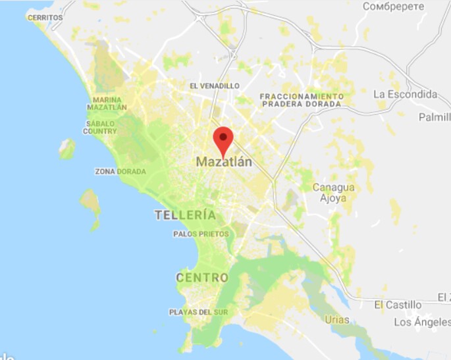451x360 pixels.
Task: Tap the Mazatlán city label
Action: (x=224, y=161)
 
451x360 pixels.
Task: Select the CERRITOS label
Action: (x=45, y=17)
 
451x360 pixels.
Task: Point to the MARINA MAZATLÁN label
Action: (x=107, y=103)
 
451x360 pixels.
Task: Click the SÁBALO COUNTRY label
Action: (x=100, y=127)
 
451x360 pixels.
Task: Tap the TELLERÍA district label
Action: (x=185, y=215)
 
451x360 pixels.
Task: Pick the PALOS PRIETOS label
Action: (x=201, y=234)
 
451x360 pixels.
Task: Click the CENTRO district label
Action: (x=202, y=278)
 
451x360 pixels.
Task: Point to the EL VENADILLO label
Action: (x=214, y=86)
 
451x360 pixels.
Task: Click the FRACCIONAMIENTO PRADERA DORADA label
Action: (x=302, y=100)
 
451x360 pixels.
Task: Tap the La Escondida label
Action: (x=405, y=94)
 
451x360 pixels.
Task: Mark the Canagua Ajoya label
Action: (x=333, y=192)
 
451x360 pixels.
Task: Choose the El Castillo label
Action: (x=398, y=305)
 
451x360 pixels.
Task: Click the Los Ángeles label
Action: (x=422, y=322)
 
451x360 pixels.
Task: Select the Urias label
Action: (x=336, y=320)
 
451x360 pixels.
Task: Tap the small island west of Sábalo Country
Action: (x=66, y=149)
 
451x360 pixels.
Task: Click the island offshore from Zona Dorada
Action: (x=90, y=201)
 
